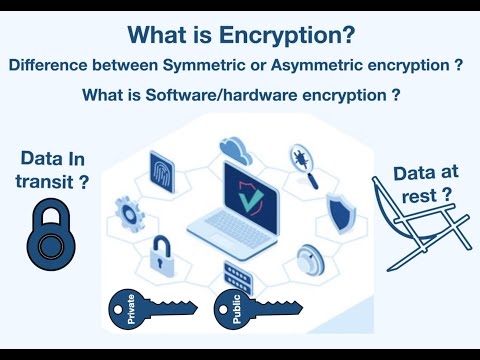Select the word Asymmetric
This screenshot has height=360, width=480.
(353, 66)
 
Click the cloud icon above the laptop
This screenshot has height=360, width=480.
(236, 150)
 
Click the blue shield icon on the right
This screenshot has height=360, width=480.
(341, 209)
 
